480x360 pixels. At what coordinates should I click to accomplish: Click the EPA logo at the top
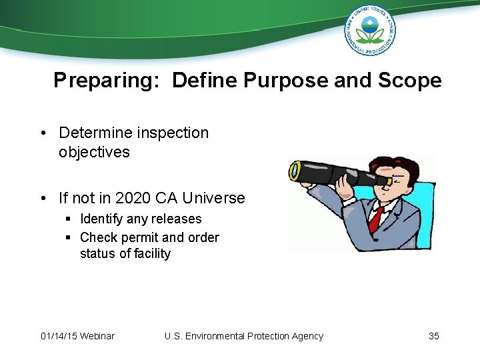coord(369,29)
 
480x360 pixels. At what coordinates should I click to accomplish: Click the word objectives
coord(94,152)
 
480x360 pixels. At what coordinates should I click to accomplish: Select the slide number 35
coord(433,336)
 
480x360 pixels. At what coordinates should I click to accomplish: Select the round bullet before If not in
coord(43,199)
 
